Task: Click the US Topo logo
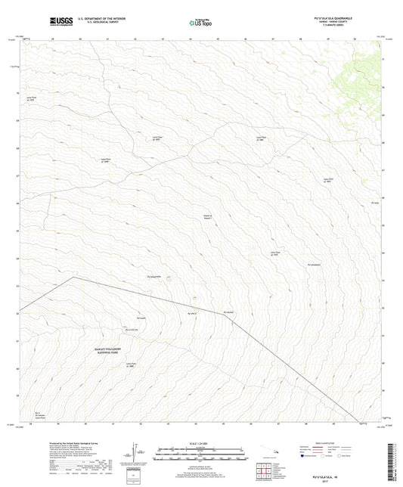(198, 23)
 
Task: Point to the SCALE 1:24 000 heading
(201, 443)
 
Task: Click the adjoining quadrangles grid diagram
(265, 474)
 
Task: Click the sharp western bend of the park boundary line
(73, 277)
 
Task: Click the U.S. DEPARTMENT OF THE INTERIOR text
(97, 17)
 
